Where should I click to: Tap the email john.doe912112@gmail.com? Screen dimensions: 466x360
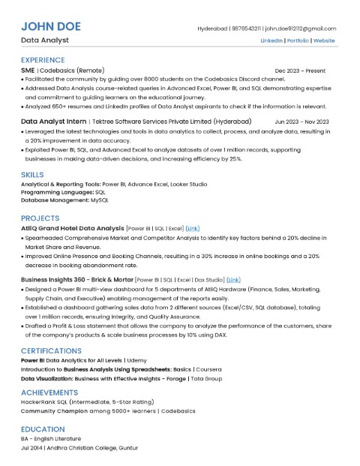point(300,28)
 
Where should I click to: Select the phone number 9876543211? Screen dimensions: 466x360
point(244,28)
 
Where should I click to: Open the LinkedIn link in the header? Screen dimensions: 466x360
point(271,40)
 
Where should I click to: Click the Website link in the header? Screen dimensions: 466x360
point(324,40)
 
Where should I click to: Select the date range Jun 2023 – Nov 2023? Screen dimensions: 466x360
point(301,121)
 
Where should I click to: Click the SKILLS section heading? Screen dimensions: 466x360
point(33,174)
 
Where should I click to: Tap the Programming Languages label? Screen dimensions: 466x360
point(52,191)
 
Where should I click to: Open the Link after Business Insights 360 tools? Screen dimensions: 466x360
point(233,279)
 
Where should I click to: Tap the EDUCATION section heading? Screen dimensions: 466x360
point(43,429)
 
